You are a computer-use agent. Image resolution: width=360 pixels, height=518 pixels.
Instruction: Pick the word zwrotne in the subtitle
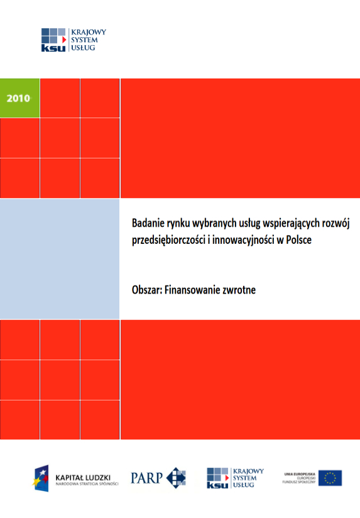[x=237, y=291]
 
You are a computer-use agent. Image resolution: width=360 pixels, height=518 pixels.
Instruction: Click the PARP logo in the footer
[x=158, y=478]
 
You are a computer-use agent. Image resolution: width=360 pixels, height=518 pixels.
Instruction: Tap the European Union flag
[x=329, y=478]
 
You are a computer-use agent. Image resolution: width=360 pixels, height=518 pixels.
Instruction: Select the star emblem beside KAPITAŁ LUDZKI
[x=41, y=478]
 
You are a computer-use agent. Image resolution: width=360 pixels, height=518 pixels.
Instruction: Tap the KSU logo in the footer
[x=236, y=478]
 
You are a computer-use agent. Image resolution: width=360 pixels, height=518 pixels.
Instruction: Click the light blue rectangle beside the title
[x=60, y=259]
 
